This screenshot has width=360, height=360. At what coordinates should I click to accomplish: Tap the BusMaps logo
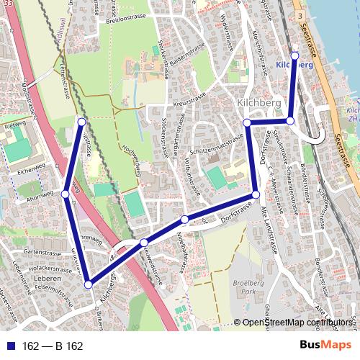coord(325,346)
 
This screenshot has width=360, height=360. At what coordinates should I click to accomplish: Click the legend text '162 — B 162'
coord(53,346)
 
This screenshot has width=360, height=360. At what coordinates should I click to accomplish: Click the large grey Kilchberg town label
coord(258,104)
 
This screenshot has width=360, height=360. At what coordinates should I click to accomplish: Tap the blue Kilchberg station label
coord(294,64)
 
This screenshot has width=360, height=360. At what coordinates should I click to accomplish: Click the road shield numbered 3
coord(298,16)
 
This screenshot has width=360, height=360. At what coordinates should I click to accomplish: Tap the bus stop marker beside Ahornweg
coord(66,194)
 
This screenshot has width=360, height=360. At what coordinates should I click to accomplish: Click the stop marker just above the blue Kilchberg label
coord(294,54)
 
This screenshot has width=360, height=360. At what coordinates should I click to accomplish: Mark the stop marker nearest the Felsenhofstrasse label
coord(88,284)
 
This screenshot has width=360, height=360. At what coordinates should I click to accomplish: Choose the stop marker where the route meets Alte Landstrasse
coord(255,195)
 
